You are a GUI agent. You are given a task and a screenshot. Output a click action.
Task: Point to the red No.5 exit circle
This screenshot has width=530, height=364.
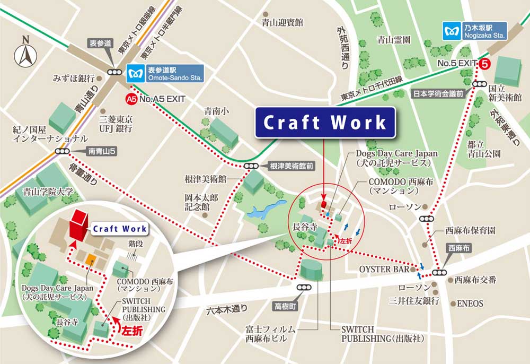tap(484, 63)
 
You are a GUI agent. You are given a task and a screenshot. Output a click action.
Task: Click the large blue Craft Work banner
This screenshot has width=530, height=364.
tap(325, 123)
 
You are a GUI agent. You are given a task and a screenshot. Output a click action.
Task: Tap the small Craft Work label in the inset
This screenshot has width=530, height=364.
tap(119, 229)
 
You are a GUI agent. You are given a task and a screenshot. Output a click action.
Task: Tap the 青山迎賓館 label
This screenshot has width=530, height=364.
tap(282, 22)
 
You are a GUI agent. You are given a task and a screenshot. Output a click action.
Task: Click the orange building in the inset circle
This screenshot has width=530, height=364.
tap(91, 261)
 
